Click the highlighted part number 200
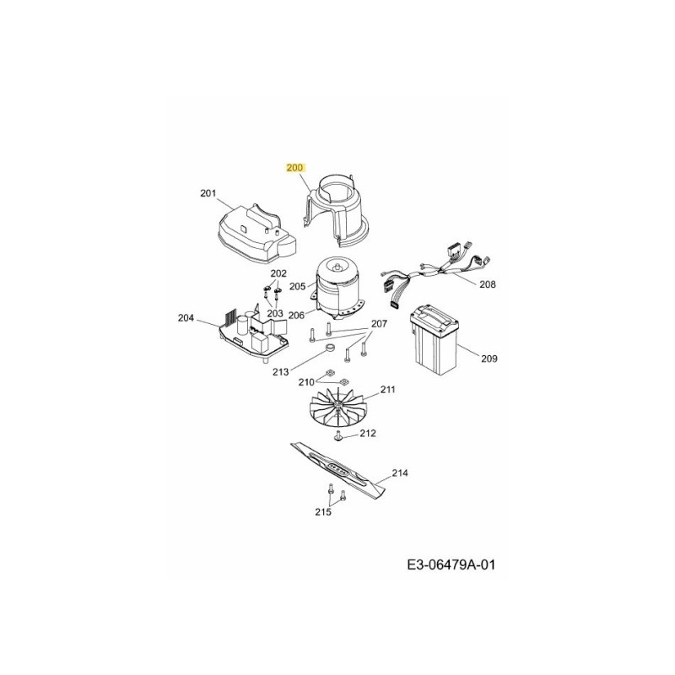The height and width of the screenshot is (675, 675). click(x=294, y=167)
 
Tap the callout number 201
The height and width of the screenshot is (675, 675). click(x=208, y=193)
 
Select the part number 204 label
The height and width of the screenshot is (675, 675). click(x=186, y=318)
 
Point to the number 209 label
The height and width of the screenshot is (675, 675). click(x=489, y=359)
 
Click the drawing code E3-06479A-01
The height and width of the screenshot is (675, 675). click(x=451, y=564)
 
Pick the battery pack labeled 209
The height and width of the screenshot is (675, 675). click(x=434, y=341)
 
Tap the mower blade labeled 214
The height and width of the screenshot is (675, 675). click(x=338, y=471)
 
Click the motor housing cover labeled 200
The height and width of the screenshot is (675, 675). click(x=336, y=211)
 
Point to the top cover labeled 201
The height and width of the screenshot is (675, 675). click(x=257, y=234)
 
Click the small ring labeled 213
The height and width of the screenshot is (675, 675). click(x=330, y=347)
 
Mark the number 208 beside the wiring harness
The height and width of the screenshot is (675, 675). click(x=488, y=284)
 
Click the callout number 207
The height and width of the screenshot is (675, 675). click(x=379, y=323)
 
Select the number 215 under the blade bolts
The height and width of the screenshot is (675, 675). click(x=323, y=512)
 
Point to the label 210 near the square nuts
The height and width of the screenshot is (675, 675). click(x=306, y=382)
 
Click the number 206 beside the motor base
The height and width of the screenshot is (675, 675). click(x=296, y=316)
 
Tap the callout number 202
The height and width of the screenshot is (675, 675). click(x=278, y=273)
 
